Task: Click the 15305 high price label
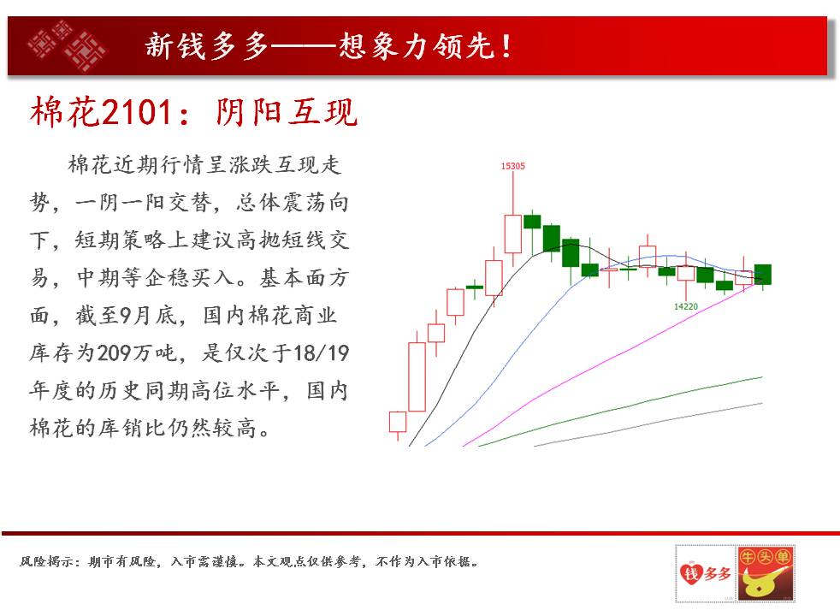pos(512,166)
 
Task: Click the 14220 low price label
pos(686,306)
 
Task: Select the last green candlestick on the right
pos(763,275)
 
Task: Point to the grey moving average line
pos(648,424)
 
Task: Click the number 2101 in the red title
pos(136,112)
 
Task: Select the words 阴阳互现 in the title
pos(287,112)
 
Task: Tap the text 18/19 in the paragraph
pos(321,353)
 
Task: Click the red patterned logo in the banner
pos(67,45)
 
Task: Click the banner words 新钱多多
pos(207,45)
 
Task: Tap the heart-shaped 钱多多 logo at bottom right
pos(705,574)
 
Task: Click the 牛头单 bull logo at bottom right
pos(765,574)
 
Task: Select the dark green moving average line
pos(620,412)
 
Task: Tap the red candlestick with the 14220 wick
pos(686,273)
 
